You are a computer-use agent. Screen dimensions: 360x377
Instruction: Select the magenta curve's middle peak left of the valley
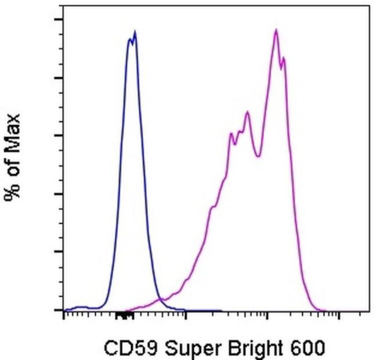pyautogui.click(x=247, y=112)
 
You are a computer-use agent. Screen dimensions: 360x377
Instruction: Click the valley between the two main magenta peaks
pyautogui.click(x=258, y=156)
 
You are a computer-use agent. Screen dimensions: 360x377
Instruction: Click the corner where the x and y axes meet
pyautogui.click(x=63, y=311)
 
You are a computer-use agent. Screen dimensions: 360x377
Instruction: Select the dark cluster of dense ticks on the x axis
pyautogui.click(x=123, y=315)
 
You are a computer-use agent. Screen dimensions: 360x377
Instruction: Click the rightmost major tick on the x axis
pyautogui.click(x=338, y=314)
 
